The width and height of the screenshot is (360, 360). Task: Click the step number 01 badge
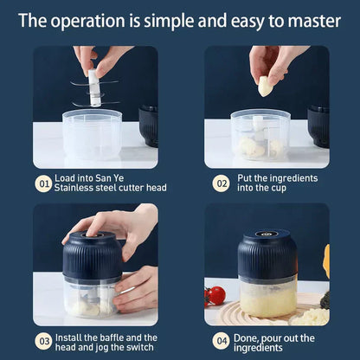[x=42, y=183]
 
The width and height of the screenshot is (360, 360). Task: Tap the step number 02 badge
[x=220, y=183]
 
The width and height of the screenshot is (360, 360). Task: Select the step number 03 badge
[x=42, y=343]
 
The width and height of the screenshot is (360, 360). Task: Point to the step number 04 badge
[x=220, y=343]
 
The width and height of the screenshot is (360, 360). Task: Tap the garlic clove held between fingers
[x=265, y=86]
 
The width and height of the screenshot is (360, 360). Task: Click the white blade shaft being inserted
[x=93, y=87]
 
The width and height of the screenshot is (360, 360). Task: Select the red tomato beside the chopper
[x=216, y=295]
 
